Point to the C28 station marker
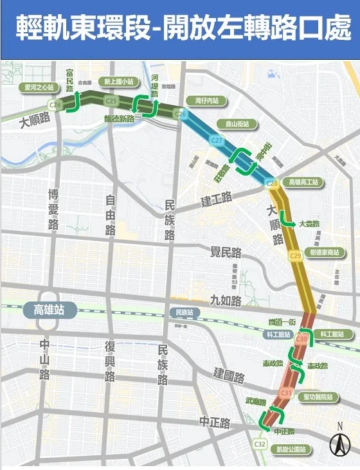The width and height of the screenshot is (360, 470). click(x=272, y=184)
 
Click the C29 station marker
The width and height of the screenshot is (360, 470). click(x=295, y=257)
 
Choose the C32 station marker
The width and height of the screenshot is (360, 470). click(x=260, y=444)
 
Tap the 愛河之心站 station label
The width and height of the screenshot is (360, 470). click(x=39, y=87)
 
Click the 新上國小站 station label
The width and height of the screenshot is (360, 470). click(x=119, y=82)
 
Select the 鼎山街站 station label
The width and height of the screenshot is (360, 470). click(x=231, y=123)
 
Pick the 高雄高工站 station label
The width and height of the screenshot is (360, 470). click(x=304, y=183)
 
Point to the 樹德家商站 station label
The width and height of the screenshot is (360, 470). click(x=323, y=252)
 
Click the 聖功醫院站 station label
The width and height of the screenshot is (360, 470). click(x=319, y=397)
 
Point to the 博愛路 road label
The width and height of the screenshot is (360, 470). click(x=53, y=209)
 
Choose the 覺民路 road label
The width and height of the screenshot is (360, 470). click(x=224, y=251)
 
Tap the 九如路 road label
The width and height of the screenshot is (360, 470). click(x=225, y=300)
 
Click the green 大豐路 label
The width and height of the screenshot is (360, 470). click(x=309, y=224)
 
